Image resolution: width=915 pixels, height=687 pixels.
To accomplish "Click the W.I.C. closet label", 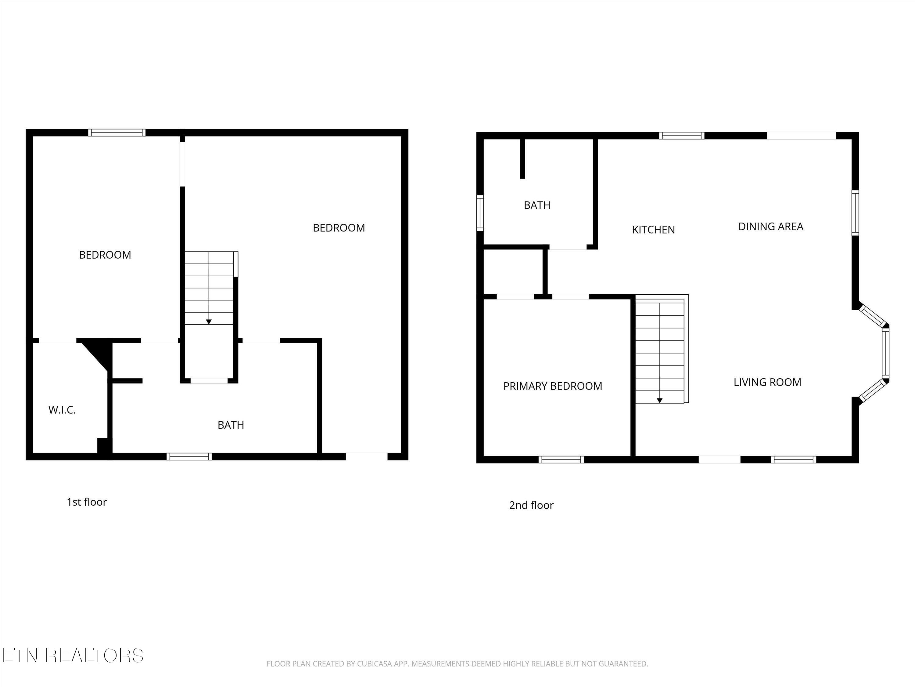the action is tap(62, 410).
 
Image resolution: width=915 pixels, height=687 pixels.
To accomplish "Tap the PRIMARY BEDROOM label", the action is tap(553, 386).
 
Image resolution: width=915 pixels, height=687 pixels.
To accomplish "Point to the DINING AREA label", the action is tap(771, 227).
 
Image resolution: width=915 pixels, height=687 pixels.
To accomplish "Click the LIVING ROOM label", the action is tap(767, 382).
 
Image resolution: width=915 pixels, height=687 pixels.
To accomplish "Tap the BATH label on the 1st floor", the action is tap(231, 425).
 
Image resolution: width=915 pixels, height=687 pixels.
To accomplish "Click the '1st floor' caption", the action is tap(87, 502).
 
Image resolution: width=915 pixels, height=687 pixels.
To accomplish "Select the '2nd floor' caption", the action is tap(531, 505).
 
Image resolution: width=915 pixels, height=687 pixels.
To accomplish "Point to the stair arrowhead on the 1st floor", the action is tap(209, 322).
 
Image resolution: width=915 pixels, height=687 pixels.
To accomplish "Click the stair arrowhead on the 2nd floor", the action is tap(660, 400).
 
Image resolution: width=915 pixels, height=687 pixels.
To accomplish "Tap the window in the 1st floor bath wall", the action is tap(189, 456).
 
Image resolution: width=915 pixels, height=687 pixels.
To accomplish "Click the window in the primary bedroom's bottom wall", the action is tap(561, 459).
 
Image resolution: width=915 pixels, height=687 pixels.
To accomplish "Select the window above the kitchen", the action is tap(682, 135).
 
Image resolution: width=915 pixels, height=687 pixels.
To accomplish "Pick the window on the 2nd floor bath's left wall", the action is tap(480, 213).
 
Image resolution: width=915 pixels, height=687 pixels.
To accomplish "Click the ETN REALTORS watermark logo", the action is tap(72, 656).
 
